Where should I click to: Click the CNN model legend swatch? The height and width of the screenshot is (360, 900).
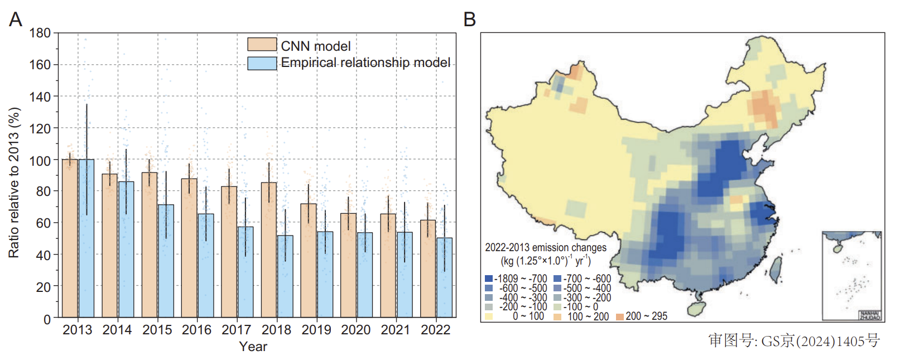pyautogui.click(x=262, y=45)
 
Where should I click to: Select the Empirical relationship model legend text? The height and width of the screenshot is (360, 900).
pyautogui.click(x=365, y=63)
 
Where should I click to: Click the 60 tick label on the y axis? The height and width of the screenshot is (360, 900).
pyautogui.click(x=44, y=223)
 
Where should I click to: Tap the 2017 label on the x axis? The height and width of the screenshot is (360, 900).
pyautogui.click(x=237, y=330)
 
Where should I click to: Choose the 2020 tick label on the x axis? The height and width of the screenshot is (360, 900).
pyautogui.click(x=356, y=330)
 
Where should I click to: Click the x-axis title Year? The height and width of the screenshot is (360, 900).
pyautogui.click(x=253, y=347)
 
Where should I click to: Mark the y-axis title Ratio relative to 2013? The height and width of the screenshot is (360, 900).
pyautogui.click(x=14, y=183)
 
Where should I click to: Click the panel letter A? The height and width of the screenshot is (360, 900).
pyautogui.click(x=16, y=20)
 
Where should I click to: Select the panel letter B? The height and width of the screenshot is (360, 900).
pyautogui.click(x=470, y=20)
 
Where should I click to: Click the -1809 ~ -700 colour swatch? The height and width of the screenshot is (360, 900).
pyautogui.click(x=489, y=279)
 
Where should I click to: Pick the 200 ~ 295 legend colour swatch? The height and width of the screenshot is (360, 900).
pyautogui.click(x=619, y=316)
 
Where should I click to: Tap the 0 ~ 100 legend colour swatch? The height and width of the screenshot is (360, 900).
pyautogui.click(x=489, y=316)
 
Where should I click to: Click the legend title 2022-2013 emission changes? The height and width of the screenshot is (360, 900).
pyautogui.click(x=545, y=247)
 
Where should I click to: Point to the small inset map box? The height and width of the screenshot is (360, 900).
pyautogui.click(x=851, y=276)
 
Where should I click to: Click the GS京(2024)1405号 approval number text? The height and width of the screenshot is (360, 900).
pyautogui.click(x=794, y=340)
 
